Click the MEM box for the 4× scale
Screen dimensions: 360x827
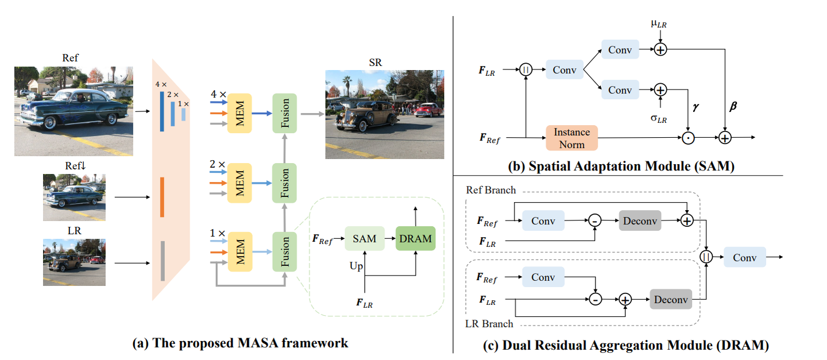pyautogui.click(x=239, y=113)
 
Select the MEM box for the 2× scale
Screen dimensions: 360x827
pyautogui.click(x=239, y=183)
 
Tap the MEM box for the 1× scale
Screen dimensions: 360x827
pyautogui.click(x=239, y=252)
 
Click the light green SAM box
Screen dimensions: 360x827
pyautogui.click(x=364, y=238)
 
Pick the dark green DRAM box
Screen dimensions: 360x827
pyautogui.click(x=415, y=238)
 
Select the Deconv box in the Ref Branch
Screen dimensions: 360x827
pyautogui.click(x=640, y=220)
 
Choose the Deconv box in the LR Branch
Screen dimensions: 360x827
pyautogui.click(x=671, y=299)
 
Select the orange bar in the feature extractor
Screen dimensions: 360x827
pyautogui.click(x=163, y=197)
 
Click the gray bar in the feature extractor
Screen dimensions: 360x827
pyautogui.click(x=163, y=261)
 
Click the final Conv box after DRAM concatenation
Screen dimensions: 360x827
pyautogui.click(x=745, y=257)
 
